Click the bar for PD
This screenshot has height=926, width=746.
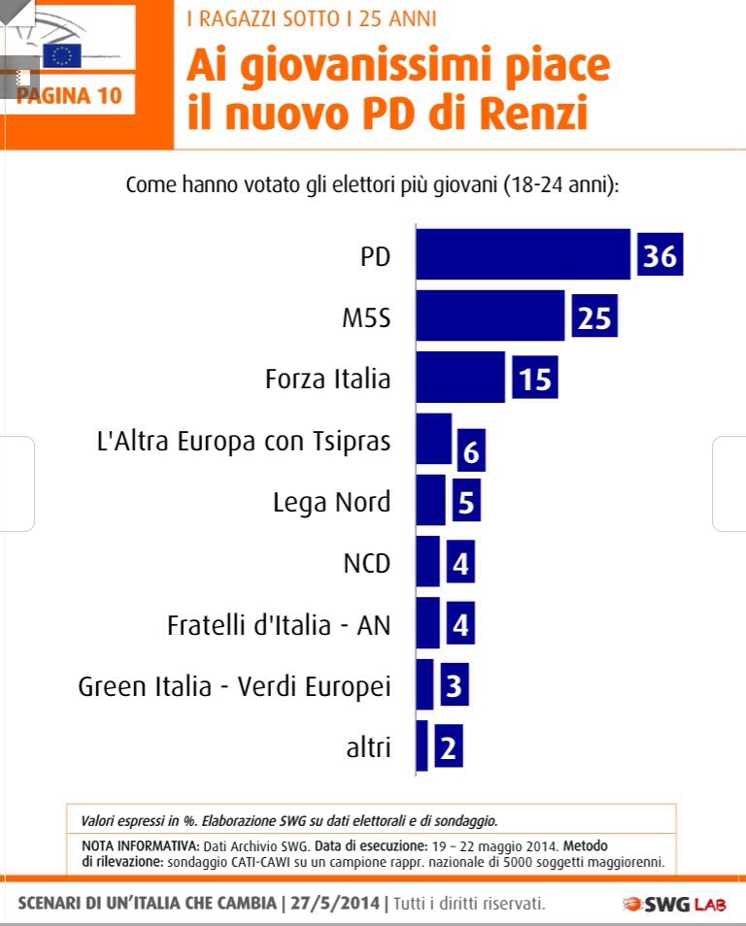click(523, 254)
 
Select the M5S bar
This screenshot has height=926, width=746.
click(490, 315)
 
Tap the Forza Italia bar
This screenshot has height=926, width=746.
click(460, 378)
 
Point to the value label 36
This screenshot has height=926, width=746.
click(660, 255)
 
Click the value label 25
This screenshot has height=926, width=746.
click(593, 317)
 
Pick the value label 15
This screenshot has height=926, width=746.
click(535, 379)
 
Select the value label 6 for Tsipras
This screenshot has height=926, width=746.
click(471, 449)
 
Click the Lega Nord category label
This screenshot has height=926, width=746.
click(331, 502)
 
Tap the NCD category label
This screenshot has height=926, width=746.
click(366, 564)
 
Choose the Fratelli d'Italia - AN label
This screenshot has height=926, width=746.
click(279, 625)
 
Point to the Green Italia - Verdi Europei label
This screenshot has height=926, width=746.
click(234, 686)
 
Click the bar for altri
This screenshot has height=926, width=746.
click(422, 746)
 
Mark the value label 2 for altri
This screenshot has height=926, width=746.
click(448, 747)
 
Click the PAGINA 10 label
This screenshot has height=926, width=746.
click(69, 96)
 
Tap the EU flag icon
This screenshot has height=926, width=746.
click(61, 55)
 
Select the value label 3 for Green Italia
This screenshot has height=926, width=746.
click(454, 686)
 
